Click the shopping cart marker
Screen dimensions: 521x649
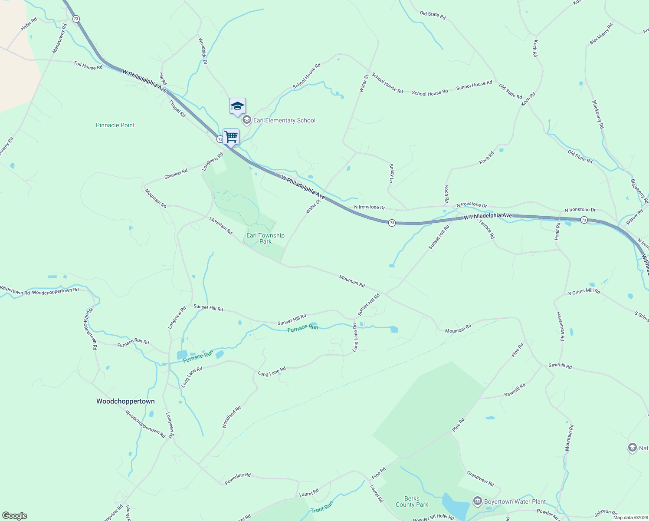pyautogui.click(x=231, y=137)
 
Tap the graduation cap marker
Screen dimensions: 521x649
pyautogui.click(x=237, y=106)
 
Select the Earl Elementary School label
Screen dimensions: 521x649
pyautogui.click(x=284, y=120)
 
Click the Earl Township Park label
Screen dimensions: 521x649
pyautogui.click(x=265, y=238)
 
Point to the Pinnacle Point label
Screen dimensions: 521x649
pyautogui.click(x=115, y=125)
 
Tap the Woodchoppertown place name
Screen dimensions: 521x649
pyautogui.click(x=125, y=401)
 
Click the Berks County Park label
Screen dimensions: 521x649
pyautogui.click(x=412, y=501)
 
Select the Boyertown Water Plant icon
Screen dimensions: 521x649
pyautogui.click(x=478, y=501)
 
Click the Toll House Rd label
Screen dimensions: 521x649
pyautogui.click(x=88, y=66)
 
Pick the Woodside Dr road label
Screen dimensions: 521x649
pyautogui.click(x=203, y=51)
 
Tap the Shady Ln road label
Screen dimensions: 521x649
pyautogui.click(x=391, y=173)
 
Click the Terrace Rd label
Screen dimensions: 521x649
pyautogui.click(x=486, y=229)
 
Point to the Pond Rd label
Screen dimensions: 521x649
pyautogui.click(x=557, y=231)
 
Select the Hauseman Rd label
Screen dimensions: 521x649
pyautogui.click(x=560, y=326)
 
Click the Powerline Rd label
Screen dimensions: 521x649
pyautogui.click(x=238, y=478)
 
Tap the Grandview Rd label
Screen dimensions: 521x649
pyautogui.click(x=480, y=478)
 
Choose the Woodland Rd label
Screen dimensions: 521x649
pyautogui.click(x=231, y=417)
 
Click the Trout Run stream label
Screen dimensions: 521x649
pyautogui.click(x=322, y=507)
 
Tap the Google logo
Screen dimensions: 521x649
pyautogui.click(x=15, y=516)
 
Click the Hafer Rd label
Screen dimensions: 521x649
pyautogui.click(x=29, y=24)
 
